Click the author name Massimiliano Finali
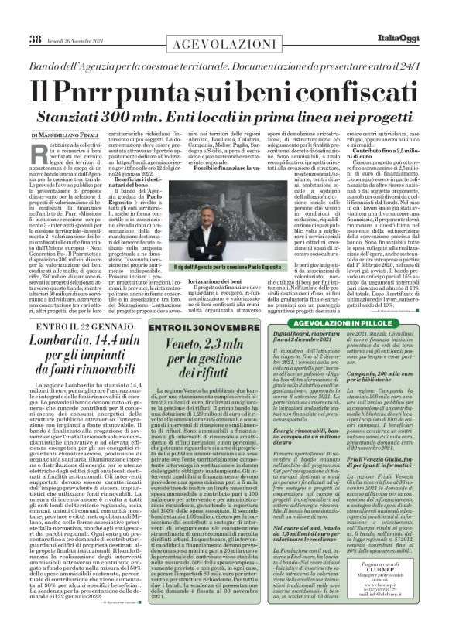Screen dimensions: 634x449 pyautogui.click(x=63, y=114)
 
